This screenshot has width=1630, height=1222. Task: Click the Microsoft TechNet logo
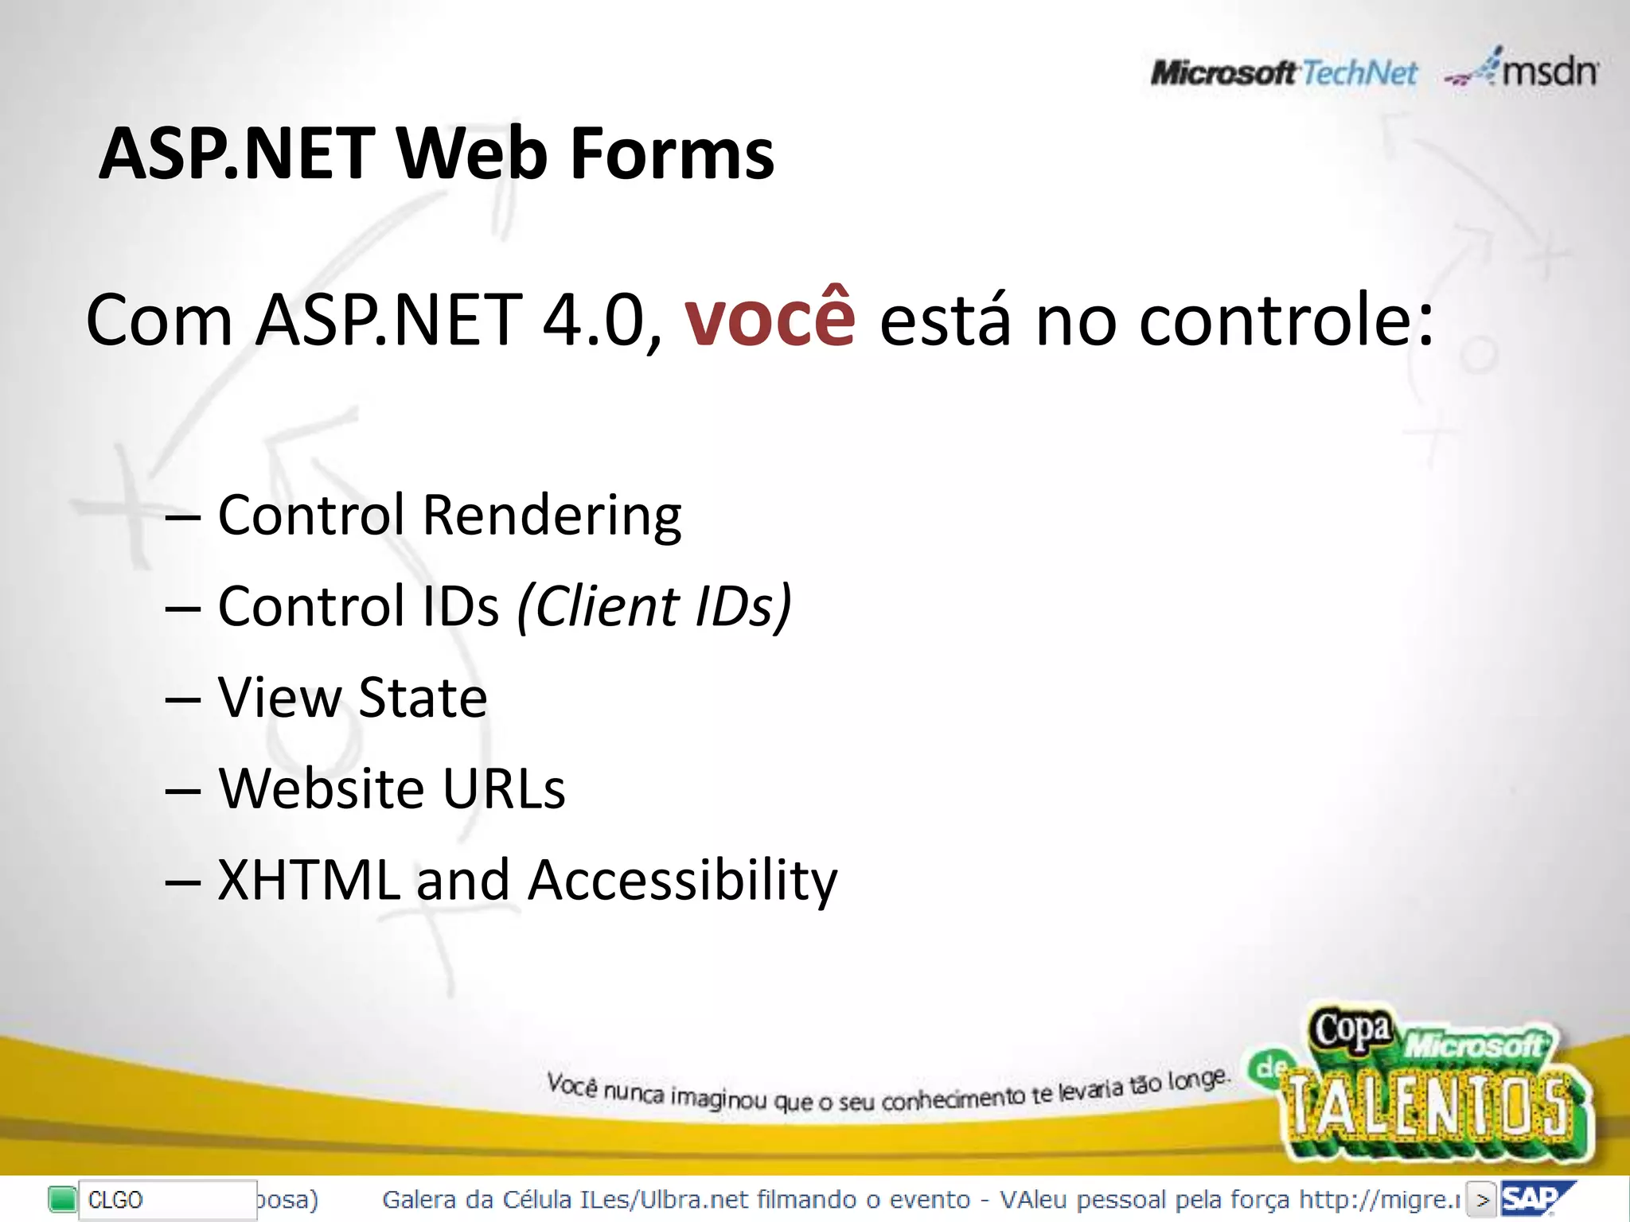(x=1283, y=73)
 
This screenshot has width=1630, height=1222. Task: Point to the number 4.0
(x=593, y=321)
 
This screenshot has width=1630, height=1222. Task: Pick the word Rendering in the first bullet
(x=552, y=516)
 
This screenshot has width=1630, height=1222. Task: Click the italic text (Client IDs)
(x=654, y=607)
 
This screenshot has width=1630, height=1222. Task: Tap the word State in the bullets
(x=423, y=698)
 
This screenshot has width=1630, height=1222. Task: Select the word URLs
(x=503, y=789)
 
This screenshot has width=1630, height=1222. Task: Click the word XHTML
(x=309, y=881)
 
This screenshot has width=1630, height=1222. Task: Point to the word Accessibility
(x=683, y=881)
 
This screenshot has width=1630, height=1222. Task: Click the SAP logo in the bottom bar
(x=1533, y=1198)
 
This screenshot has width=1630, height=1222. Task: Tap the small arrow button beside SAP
(x=1481, y=1199)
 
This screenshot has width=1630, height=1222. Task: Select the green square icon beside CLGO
(x=62, y=1199)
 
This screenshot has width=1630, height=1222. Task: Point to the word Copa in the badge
(x=1351, y=1029)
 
